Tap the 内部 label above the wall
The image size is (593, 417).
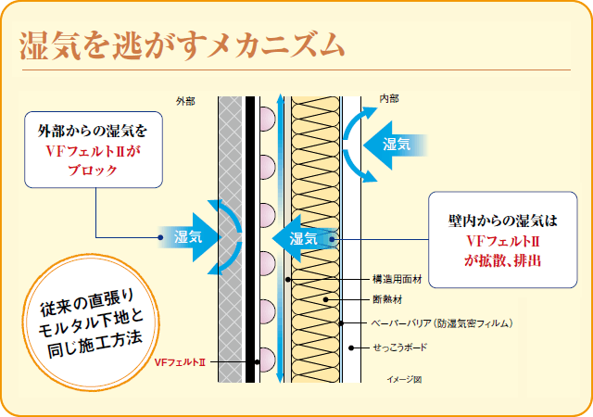point(390,99)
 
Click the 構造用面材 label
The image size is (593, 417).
point(396,278)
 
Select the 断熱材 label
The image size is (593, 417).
point(387,300)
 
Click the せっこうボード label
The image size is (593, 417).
point(400,347)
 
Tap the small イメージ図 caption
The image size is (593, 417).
point(404,380)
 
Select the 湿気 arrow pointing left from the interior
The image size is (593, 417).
point(390,144)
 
